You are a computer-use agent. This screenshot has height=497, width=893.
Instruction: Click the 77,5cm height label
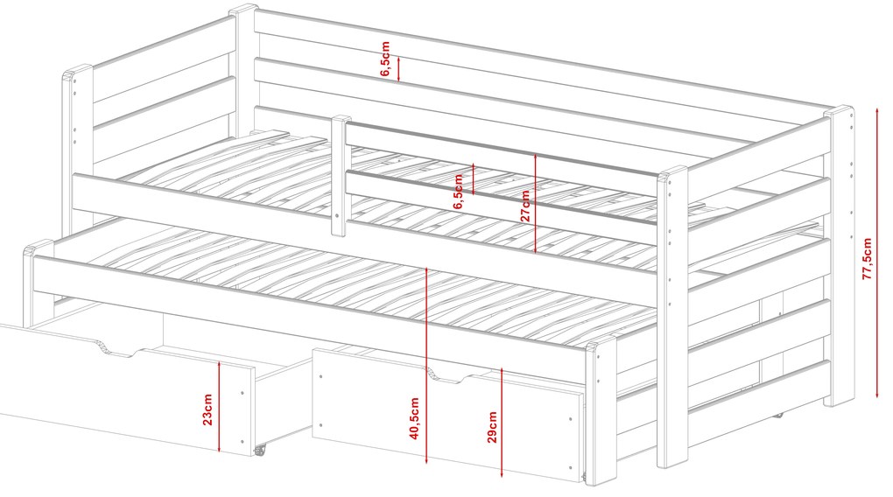pos(868,258)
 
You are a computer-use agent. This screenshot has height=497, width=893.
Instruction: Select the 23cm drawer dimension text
pos(207,409)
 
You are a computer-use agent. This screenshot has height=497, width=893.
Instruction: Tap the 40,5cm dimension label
pos(414,418)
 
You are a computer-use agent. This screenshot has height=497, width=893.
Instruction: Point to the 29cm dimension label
pos(492,427)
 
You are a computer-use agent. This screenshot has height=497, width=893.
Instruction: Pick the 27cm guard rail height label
pos(525,206)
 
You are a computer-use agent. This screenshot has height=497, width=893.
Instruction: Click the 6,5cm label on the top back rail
pos(385,58)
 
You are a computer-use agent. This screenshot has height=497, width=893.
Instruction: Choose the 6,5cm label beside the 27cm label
pos(459,192)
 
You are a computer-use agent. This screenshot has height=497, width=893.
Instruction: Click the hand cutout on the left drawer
pos(118,349)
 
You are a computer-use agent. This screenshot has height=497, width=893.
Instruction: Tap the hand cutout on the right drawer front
pos(450,375)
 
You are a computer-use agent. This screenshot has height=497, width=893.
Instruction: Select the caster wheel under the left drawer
pos(260,450)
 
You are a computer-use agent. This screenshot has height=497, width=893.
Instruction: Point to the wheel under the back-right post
pos(778,415)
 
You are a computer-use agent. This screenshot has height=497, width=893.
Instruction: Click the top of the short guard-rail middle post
pos(341,118)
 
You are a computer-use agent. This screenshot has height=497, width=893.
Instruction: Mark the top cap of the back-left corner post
pos(243,10)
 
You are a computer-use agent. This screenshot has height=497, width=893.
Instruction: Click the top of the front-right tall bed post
pos(672,172)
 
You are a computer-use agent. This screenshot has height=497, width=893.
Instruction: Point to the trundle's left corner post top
pos(39,248)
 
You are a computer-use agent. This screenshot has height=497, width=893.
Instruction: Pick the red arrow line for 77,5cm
pos(877,255)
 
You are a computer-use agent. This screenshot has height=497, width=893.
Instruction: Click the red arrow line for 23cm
pos(220,405)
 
